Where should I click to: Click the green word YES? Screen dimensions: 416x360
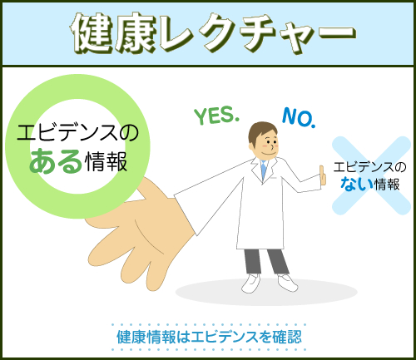point(216,116)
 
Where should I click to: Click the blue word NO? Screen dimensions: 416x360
point(299,118)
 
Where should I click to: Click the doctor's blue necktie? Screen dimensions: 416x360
point(264,170)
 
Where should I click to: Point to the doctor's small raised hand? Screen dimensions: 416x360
point(322,176)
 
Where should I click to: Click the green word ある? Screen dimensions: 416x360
point(56,161)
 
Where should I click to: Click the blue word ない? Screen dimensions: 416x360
point(356,184)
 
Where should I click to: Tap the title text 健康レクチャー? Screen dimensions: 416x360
point(213,33)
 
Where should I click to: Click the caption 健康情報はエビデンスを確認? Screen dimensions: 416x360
point(209,337)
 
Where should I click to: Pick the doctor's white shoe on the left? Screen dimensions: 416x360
point(251,284)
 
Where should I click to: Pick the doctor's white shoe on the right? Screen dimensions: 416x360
point(288,283)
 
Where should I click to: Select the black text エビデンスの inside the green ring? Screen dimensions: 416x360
point(77,132)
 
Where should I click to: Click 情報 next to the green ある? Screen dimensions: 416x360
point(106,161)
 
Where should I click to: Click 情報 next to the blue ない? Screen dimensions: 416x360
point(387,185)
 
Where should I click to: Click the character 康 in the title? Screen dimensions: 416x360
point(136,33)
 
